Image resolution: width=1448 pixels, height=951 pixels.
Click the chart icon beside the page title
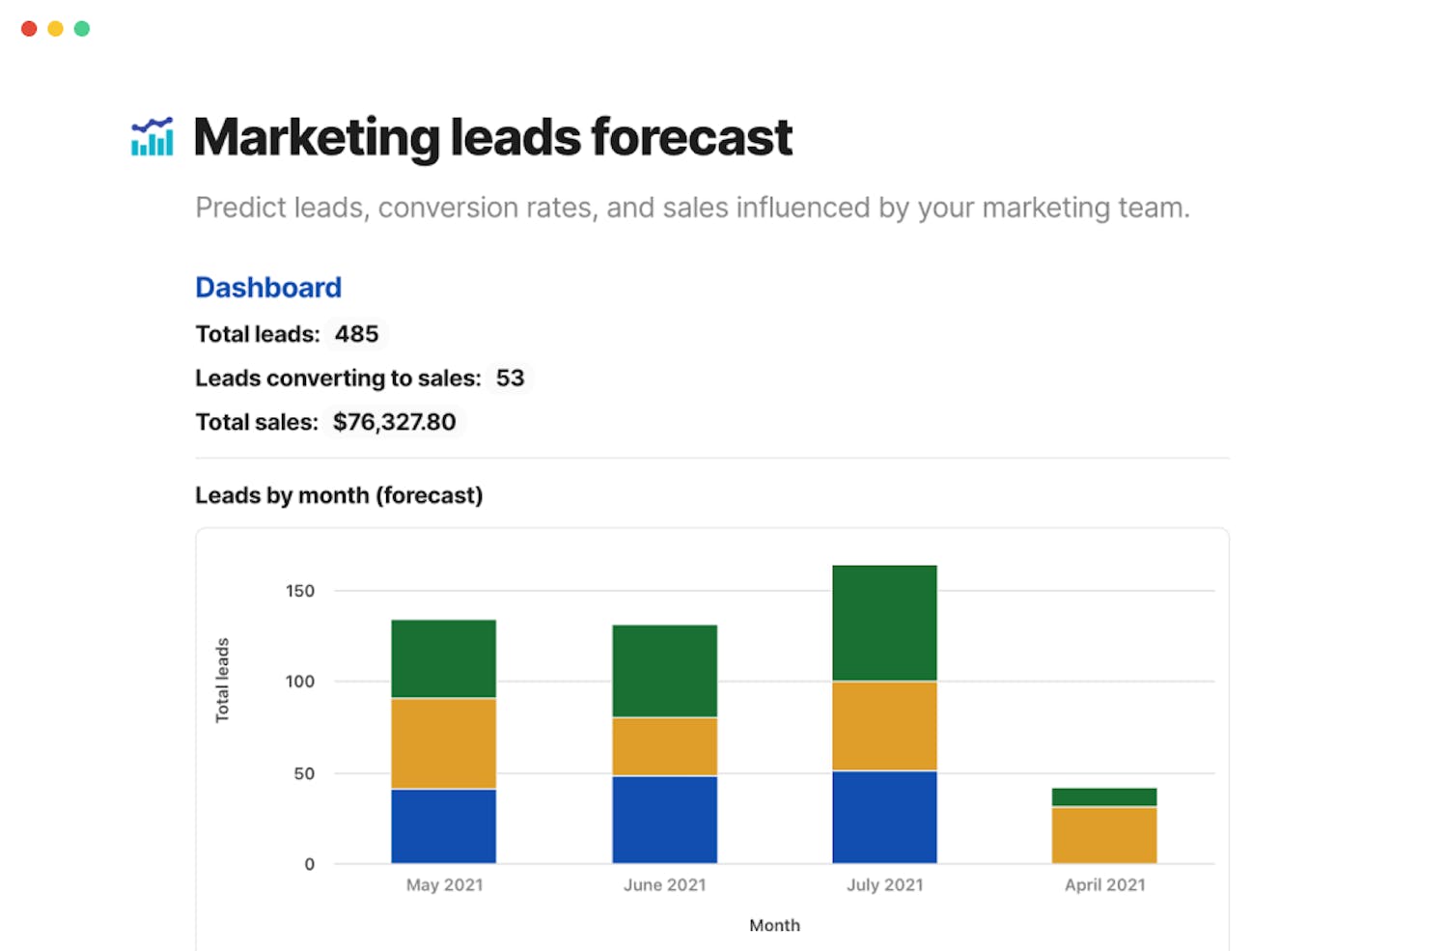153,137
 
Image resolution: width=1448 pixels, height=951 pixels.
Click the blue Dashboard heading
268,288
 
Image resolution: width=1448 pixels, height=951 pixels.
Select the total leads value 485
356,334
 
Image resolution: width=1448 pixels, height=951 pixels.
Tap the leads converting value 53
510,378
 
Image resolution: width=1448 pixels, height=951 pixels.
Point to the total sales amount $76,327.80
394,422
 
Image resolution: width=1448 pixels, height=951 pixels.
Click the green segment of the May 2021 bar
443,658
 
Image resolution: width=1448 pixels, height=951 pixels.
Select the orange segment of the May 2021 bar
443,743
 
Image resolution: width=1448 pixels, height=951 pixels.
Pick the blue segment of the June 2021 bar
664,820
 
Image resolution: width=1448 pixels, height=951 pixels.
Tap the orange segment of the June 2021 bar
664,746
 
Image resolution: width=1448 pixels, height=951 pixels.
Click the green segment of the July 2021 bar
884,623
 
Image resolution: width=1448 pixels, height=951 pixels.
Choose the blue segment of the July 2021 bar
884,817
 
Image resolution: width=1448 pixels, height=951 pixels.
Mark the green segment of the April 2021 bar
1104,797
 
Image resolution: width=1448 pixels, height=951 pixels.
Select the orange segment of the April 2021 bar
1104,835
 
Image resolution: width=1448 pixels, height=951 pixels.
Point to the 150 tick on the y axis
300,591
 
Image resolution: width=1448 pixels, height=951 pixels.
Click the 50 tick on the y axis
304,773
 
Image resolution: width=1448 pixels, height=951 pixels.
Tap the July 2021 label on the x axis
884,884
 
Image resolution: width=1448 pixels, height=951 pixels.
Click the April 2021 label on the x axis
1104,884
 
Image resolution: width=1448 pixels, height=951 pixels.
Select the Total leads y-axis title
222,680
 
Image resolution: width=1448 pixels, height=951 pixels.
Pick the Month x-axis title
774,925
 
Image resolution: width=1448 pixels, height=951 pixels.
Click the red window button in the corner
29,29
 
